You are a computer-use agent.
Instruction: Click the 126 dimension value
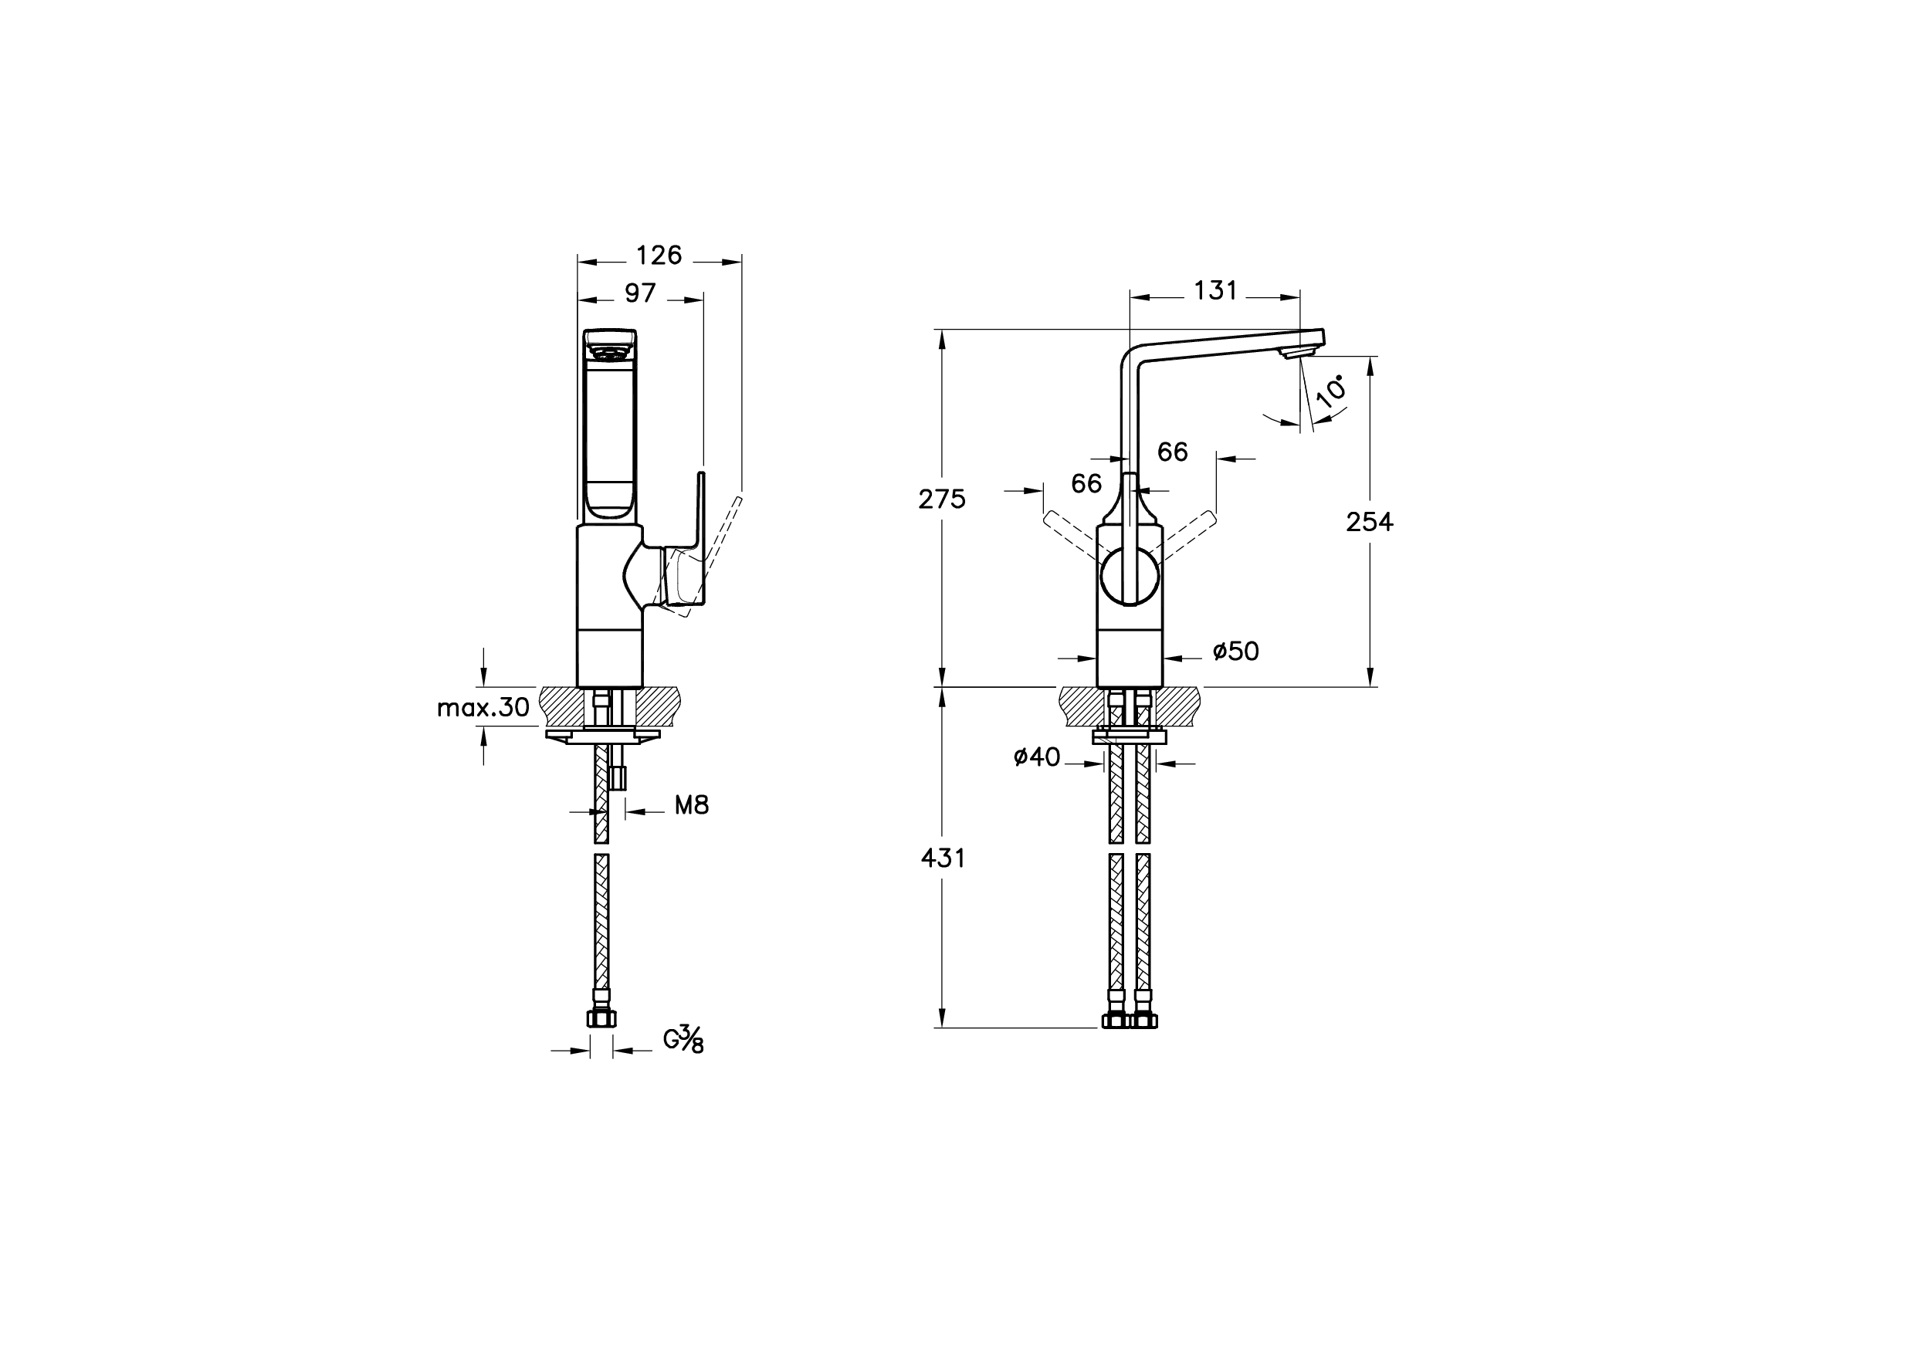[659, 255]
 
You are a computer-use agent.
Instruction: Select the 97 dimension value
[640, 293]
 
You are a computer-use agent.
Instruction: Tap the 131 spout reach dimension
[1215, 291]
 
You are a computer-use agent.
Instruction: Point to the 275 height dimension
[942, 499]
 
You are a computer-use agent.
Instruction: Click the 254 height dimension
[1370, 522]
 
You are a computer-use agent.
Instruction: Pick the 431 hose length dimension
[943, 858]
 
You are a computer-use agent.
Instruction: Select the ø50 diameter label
[1235, 651]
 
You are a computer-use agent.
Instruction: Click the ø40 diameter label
[1037, 757]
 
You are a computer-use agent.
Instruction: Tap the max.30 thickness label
[483, 708]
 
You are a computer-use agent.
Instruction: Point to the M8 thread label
[691, 805]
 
